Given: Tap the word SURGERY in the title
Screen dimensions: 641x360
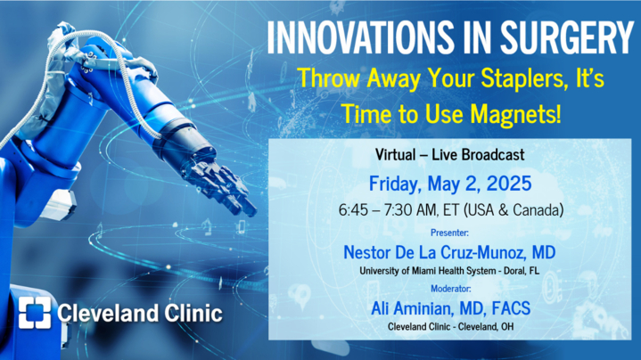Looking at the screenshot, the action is [566, 37].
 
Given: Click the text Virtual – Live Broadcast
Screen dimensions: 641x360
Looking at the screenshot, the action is [449, 154].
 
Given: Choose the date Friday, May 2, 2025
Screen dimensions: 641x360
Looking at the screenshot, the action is [450, 184].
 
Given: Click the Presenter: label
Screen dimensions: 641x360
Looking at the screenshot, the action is [449, 233].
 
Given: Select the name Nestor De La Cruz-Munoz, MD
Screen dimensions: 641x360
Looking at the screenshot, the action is [449, 252].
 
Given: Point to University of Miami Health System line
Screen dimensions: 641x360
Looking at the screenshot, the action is [449, 271].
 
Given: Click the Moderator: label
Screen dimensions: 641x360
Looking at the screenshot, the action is [451, 289].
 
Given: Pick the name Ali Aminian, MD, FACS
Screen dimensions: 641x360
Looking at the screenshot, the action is [451, 308].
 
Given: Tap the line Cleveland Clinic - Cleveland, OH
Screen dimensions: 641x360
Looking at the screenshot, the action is [451, 326].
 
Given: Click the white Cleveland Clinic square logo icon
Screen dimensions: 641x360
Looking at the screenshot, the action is [35, 313].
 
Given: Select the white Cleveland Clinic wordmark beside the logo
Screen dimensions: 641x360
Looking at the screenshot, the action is [140, 313].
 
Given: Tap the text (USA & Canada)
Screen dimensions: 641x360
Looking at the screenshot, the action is [514, 210].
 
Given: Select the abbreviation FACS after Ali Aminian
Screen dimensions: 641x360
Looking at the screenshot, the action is [511, 308].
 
